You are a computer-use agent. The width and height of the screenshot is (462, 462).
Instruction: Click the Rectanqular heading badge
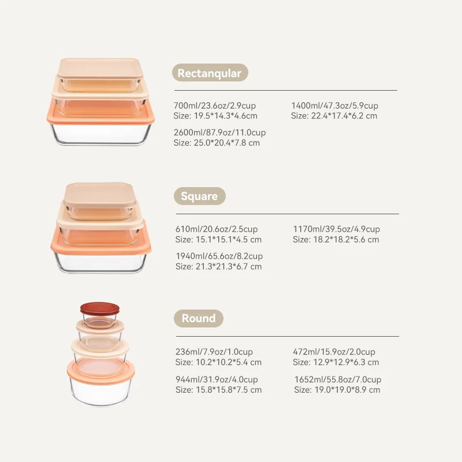point(210,73)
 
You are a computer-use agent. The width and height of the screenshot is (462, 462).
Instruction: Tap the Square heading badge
point(200,196)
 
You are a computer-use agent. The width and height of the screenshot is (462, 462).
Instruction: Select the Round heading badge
point(199,318)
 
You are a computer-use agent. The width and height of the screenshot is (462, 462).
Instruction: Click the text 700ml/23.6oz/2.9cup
point(215,106)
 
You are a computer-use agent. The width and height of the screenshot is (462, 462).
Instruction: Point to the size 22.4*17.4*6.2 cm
point(344,116)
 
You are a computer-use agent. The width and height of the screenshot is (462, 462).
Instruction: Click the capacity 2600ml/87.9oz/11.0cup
point(220,132)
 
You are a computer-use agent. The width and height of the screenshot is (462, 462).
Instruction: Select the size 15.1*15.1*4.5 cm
point(229,240)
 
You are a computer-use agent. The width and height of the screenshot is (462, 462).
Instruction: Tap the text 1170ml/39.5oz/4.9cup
point(337,229)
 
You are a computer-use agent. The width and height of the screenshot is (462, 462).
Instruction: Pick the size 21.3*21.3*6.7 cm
point(229,266)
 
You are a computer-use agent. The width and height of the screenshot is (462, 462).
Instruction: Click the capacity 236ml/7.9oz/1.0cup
point(214,352)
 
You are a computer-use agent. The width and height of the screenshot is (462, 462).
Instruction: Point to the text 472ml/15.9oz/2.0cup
point(334,352)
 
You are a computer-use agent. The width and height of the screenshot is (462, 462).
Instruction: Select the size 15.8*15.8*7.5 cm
point(229,390)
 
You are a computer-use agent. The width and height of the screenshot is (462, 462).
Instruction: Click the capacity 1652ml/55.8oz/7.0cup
point(338,379)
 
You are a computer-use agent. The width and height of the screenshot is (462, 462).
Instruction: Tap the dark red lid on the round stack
point(100,308)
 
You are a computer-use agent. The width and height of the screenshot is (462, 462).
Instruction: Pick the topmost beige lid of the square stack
point(100,195)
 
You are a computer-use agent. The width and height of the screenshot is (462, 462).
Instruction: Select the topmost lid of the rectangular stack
point(100,69)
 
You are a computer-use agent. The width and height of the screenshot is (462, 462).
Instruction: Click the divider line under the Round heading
point(288,336)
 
